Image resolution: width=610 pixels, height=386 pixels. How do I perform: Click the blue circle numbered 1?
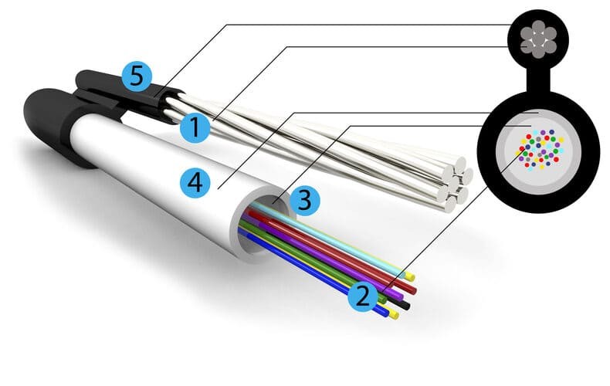(195, 127)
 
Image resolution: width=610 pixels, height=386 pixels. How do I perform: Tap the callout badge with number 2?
(363, 296)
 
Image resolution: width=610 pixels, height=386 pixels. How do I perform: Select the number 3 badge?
(304, 201)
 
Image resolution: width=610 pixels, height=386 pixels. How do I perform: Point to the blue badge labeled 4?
(195, 182)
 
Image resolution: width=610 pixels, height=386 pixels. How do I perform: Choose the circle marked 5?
(137, 76)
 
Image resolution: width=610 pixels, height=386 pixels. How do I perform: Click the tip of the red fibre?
(413, 290)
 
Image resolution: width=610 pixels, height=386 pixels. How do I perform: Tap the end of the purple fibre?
(401, 295)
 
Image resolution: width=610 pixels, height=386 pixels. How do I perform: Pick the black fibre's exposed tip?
(406, 306)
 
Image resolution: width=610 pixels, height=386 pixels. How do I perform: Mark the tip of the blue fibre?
(385, 313)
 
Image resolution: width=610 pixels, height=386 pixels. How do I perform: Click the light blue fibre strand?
(327, 239)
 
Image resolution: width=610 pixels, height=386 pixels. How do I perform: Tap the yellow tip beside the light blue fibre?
(410, 277)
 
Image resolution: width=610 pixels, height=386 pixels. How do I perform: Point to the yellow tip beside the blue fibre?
(394, 314)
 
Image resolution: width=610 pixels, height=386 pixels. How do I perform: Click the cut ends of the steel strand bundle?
(454, 183)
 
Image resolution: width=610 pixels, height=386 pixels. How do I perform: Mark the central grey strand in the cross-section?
(538, 39)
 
